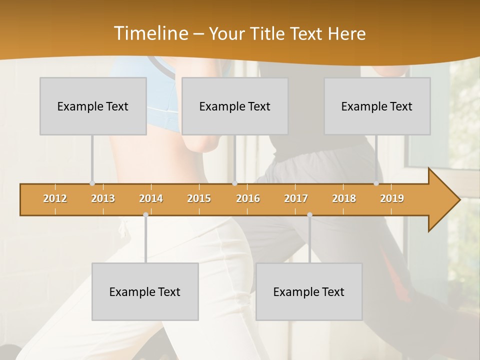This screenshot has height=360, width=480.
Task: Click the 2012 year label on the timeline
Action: tap(55, 198)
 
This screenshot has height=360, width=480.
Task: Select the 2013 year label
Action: tap(103, 198)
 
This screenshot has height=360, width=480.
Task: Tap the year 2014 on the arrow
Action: tap(151, 198)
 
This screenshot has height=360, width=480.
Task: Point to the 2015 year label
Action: tap(199, 198)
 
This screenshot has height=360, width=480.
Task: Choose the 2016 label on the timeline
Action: tap(248, 198)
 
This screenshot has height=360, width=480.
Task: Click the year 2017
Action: tap(296, 198)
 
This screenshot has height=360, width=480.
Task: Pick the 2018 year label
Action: tap(344, 198)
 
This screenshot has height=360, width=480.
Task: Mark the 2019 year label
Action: tap(392, 198)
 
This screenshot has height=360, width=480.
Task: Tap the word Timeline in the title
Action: tap(150, 33)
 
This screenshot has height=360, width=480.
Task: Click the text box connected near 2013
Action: tap(93, 106)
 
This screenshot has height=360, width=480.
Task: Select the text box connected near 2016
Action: tap(235, 106)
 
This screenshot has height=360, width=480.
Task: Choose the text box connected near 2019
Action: tap(377, 106)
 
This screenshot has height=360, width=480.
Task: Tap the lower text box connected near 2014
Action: tap(145, 291)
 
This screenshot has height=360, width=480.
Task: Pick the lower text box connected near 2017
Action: tap(309, 291)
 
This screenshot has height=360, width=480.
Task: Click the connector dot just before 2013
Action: tap(92, 183)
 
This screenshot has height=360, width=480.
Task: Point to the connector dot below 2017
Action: tap(309, 214)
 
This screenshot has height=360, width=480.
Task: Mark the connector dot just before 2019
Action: tap(376, 183)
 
